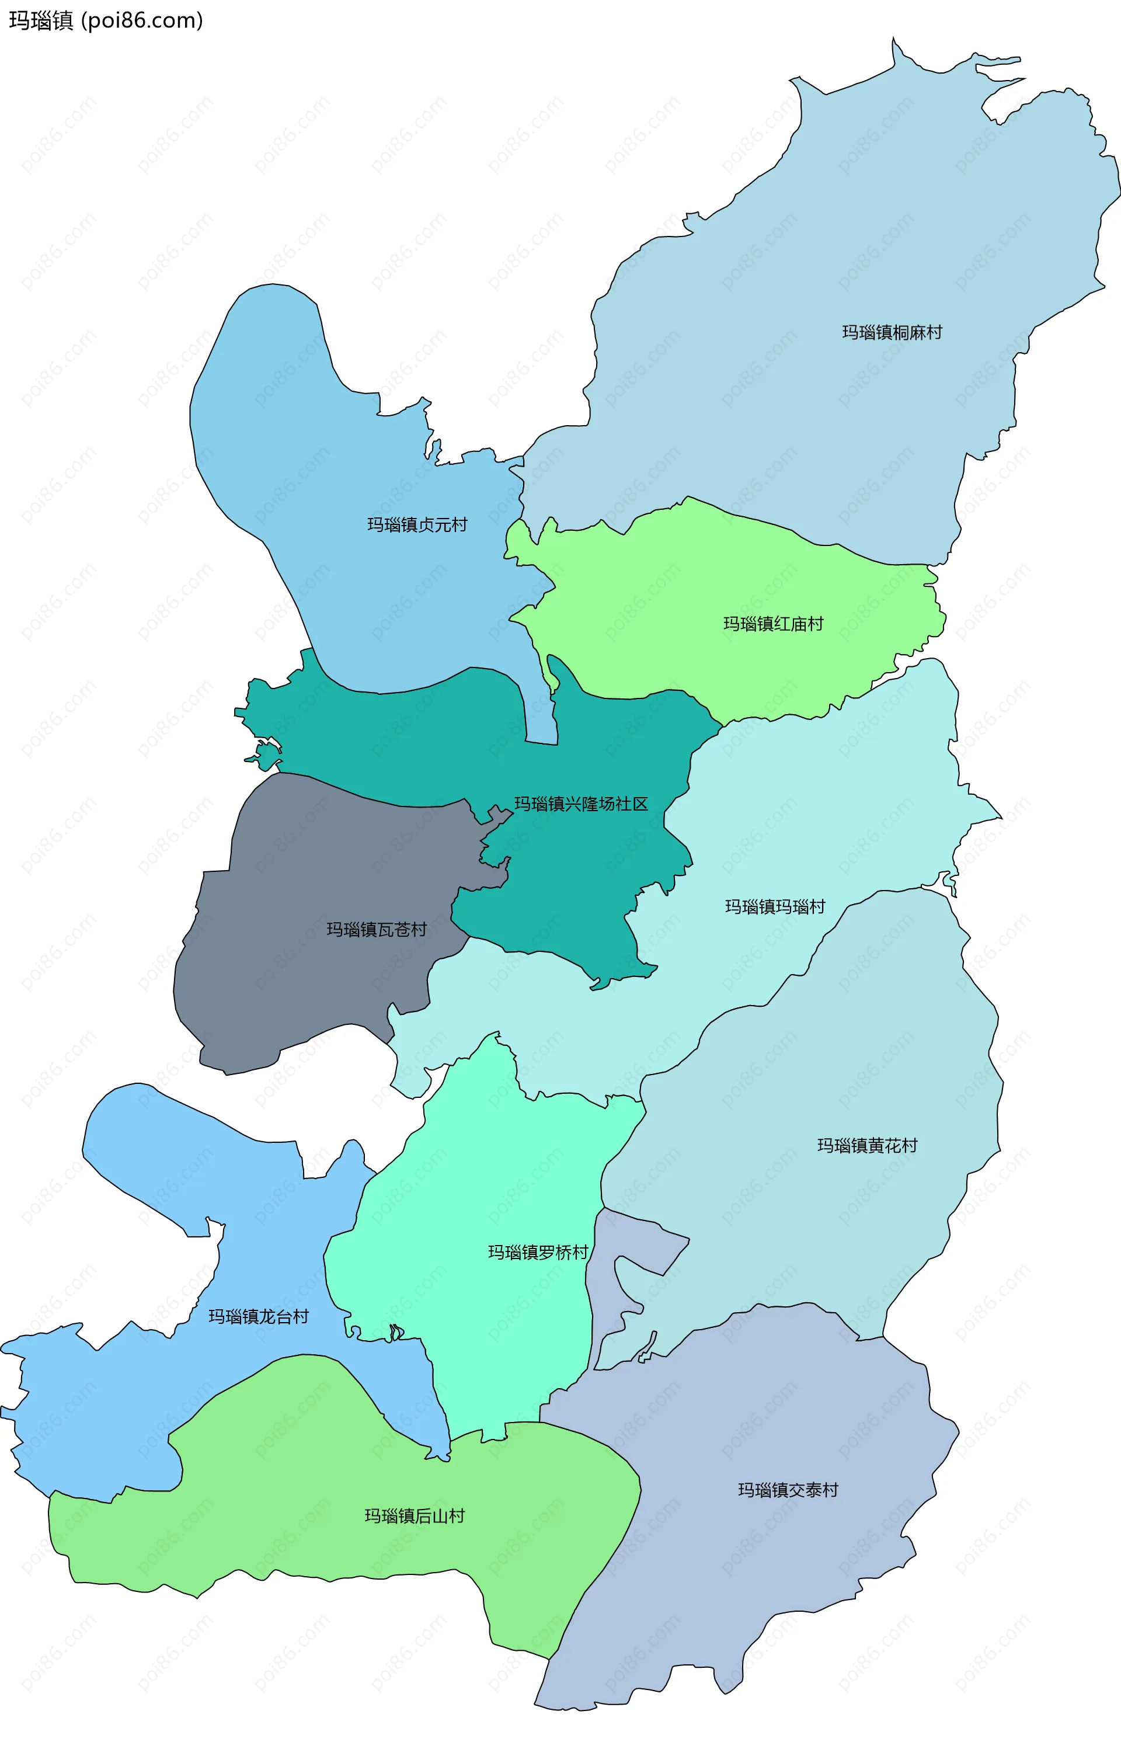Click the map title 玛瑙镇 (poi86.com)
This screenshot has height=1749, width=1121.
[x=106, y=20]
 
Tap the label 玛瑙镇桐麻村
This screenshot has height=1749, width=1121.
[x=892, y=333]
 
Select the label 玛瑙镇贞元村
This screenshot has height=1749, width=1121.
[x=416, y=525]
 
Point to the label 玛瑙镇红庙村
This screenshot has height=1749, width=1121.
[x=773, y=624]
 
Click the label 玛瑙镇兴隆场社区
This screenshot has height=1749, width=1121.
[x=581, y=804]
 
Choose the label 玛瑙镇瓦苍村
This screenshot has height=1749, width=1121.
[x=377, y=930]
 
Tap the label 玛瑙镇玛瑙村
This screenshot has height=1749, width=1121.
[x=775, y=906]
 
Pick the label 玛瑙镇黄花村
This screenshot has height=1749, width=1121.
[x=867, y=1146]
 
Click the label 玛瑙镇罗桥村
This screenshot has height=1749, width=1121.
[x=537, y=1252]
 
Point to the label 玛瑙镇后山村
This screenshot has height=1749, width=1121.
[x=414, y=1516]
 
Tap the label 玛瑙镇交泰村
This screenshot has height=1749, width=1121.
[x=788, y=1490]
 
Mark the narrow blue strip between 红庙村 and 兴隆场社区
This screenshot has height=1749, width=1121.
[x=540, y=717]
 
